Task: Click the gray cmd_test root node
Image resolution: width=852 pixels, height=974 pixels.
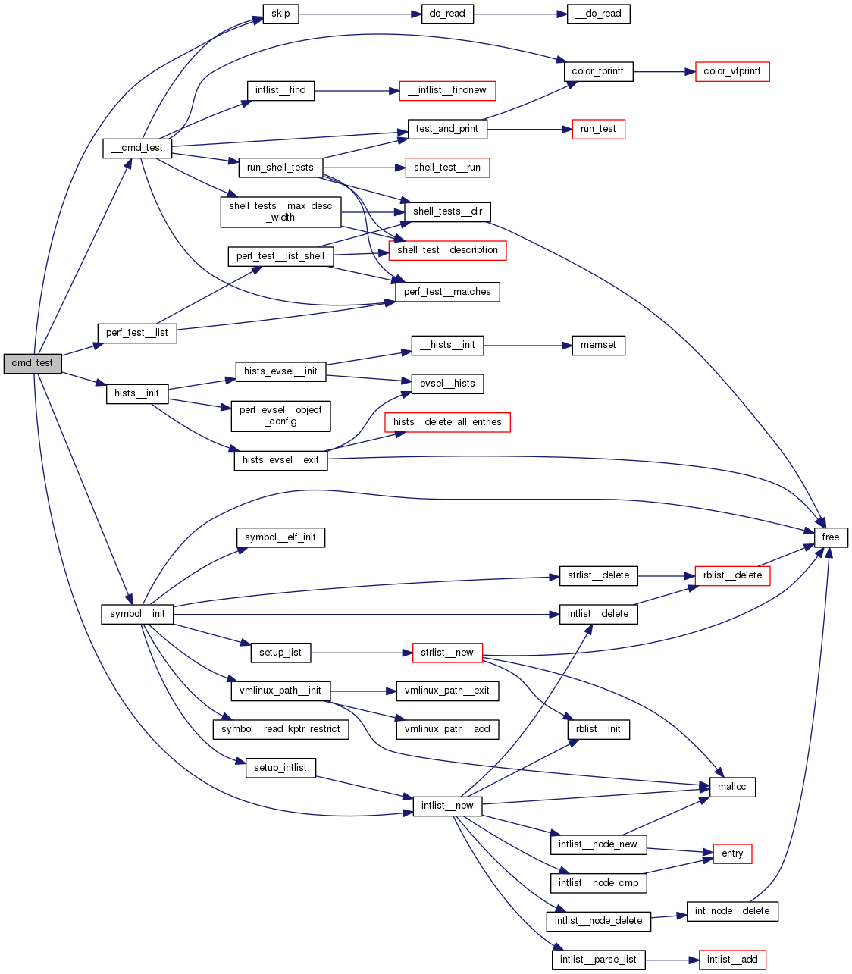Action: [x=32, y=363]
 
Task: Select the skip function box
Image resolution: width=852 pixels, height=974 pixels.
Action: [x=280, y=14]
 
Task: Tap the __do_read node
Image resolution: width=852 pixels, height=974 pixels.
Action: [x=598, y=14]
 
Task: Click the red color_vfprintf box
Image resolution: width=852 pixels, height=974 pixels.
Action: [x=732, y=71]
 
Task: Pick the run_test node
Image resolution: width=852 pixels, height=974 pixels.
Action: [x=598, y=129]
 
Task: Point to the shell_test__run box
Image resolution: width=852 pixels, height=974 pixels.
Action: [x=447, y=168]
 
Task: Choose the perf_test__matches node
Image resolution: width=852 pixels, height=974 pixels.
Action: [x=447, y=292]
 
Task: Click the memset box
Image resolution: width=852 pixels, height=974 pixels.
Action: [x=598, y=345]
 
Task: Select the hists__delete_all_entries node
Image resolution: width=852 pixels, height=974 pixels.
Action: [x=447, y=422]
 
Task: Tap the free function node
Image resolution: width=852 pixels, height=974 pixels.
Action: [x=831, y=537]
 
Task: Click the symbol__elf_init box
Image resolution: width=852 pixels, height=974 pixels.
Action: [x=280, y=537]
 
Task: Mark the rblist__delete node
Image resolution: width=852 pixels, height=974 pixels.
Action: [x=732, y=575]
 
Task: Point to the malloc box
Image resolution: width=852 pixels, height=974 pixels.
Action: [x=732, y=787]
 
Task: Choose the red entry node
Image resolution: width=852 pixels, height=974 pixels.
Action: [x=732, y=853]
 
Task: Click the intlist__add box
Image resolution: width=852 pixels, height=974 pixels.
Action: [x=732, y=960]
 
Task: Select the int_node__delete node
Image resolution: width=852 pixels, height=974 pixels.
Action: [x=732, y=911]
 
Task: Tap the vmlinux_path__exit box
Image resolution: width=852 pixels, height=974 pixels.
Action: [x=447, y=691]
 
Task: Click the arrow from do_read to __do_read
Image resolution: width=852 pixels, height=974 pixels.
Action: [x=520, y=14]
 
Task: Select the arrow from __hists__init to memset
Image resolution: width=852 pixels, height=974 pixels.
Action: [x=522, y=345]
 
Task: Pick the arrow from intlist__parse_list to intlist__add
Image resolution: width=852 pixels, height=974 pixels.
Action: [x=672, y=960]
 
